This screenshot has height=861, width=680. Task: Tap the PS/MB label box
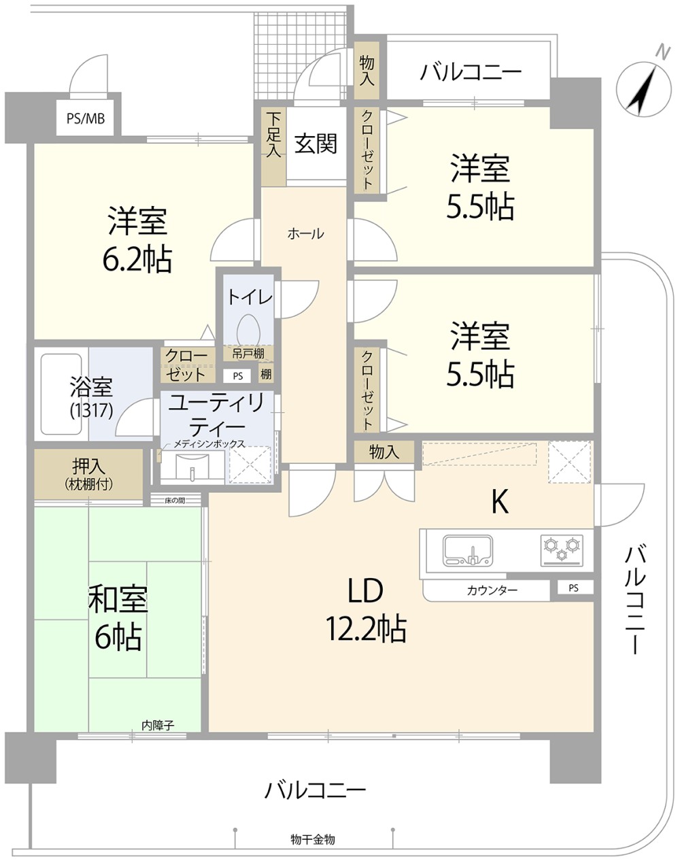tap(85, 118)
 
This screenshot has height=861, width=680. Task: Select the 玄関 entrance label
tap(316, 144)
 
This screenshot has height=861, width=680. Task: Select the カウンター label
tap(492, 590)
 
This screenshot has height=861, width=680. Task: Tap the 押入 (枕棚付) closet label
tap(89, 475)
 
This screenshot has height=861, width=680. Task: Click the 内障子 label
tap(158, 726)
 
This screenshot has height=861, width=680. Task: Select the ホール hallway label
tap(305, 234)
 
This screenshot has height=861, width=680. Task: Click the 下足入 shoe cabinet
tap(274, 144)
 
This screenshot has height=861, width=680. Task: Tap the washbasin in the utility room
tap(192, 468)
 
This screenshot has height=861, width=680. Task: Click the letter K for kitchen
tap(500, 502)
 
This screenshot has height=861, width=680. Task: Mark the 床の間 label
tap(175, 501)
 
